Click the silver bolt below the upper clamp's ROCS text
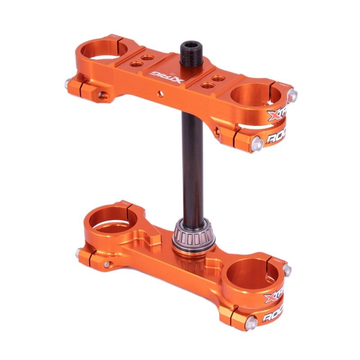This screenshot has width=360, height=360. [258, 144]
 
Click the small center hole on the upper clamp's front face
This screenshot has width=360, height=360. [159, 93]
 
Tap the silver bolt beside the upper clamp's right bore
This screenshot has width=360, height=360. [293, 94]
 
